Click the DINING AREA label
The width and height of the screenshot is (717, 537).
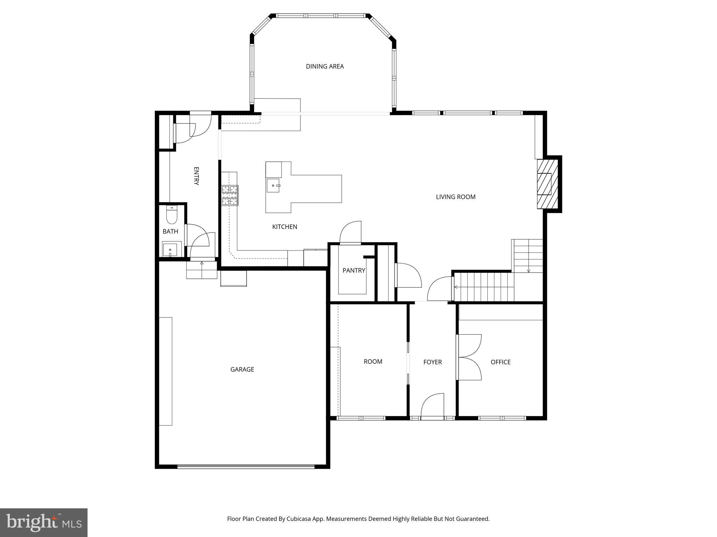(325, 66)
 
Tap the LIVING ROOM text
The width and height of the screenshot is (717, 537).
(455, 197)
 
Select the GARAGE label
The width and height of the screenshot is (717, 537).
(242, 369)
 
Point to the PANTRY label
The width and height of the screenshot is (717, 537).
(354, 270)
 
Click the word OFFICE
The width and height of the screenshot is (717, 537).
(500, 362)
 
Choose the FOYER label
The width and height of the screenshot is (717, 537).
(432, 362)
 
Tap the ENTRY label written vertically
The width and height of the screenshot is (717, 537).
(196, 176)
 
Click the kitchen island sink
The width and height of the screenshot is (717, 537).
(273, 186)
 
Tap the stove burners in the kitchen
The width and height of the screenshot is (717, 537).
(230, 195)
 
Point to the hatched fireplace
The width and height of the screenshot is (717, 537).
(547, 184)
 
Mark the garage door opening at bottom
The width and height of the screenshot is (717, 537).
(246, 466)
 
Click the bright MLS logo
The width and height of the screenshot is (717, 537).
(44, 522)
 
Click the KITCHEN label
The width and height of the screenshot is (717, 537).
(285, 227)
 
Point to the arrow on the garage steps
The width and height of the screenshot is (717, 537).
(202, 264)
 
